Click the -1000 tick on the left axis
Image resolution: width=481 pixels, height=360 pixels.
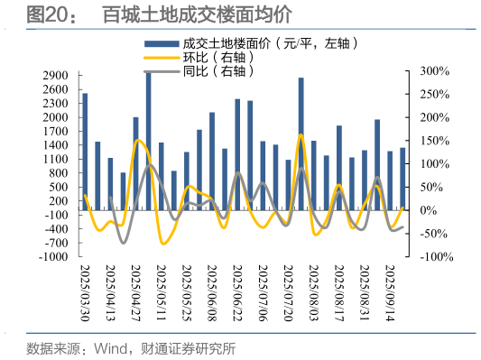pos(52,257)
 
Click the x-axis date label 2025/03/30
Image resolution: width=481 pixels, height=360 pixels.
pos(86,294)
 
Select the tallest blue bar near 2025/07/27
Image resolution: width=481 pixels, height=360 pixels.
pos(301,144)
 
